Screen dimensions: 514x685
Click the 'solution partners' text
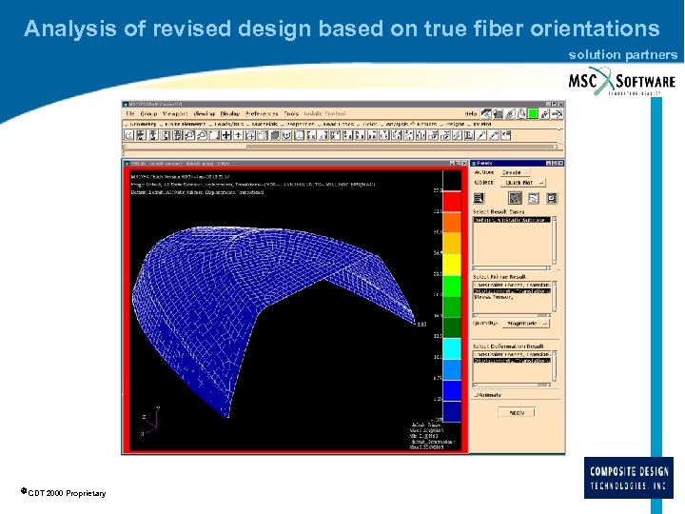click(623, 54)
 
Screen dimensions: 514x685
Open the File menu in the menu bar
click(131, 114)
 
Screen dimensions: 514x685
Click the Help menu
click(470, 114)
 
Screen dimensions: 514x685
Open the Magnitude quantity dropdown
click(519, 324)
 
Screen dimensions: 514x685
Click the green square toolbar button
click(534, 113)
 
